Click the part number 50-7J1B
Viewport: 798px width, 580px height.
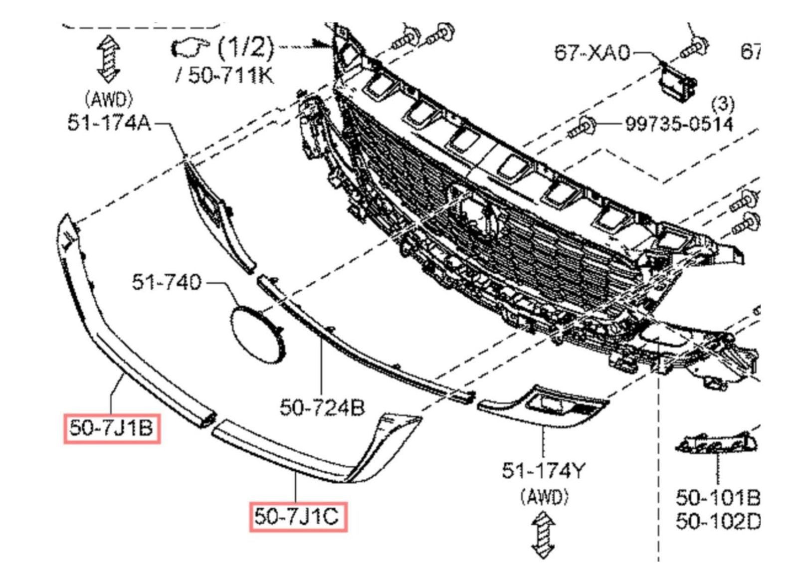(112, 428)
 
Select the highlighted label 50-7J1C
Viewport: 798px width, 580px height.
(297, 517)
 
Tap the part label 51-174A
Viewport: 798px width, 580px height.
(109, 124)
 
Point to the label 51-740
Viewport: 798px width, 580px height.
(167, 282)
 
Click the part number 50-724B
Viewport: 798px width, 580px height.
(322, 407)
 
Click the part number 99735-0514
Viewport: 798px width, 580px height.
(680, 124)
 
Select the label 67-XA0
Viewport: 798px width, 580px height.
(592, 53)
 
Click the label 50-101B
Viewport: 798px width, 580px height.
(718, 498)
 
